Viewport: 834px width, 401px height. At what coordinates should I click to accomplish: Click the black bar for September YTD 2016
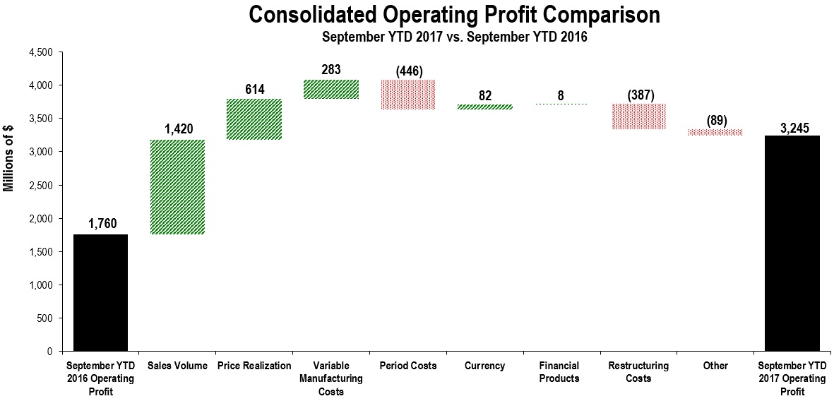(100, 292)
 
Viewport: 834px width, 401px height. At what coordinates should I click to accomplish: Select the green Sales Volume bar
(177, 187)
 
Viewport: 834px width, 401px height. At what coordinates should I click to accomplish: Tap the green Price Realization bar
(254, 119)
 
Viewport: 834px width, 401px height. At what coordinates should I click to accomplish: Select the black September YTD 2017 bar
(792, 243)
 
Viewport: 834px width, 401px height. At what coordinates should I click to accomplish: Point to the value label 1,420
(177, 129)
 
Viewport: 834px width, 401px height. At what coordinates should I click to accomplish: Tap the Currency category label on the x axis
(485, 366)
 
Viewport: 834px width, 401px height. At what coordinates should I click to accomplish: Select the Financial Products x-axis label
(561, 372)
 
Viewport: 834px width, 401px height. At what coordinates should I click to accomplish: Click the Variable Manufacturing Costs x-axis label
(331, 378)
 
